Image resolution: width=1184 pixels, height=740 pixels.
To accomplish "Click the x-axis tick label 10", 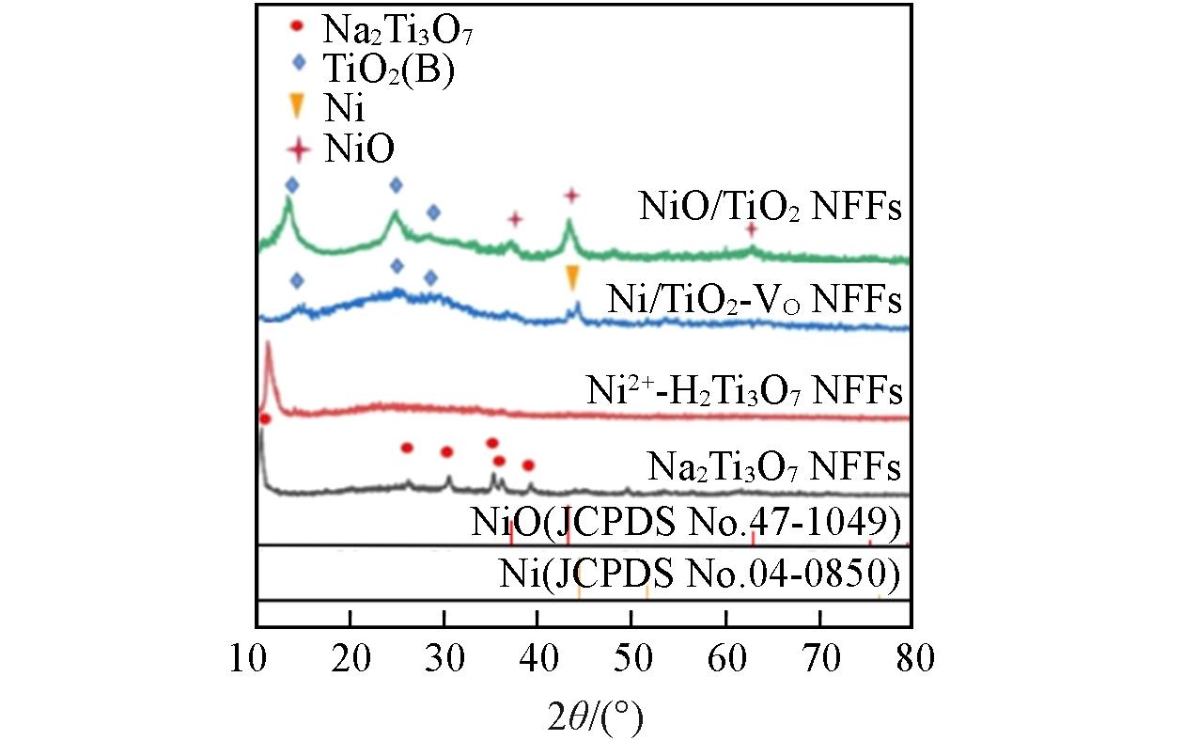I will (x=256, y=656).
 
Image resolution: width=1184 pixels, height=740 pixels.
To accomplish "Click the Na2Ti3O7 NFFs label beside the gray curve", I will (x=774, y=465).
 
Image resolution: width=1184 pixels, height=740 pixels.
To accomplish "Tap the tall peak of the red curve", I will (x=269, y=346).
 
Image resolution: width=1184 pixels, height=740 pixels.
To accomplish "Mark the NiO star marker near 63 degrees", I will (x=751, y=229).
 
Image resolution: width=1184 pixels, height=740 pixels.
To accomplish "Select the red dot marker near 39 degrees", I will (x=528, y=465).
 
